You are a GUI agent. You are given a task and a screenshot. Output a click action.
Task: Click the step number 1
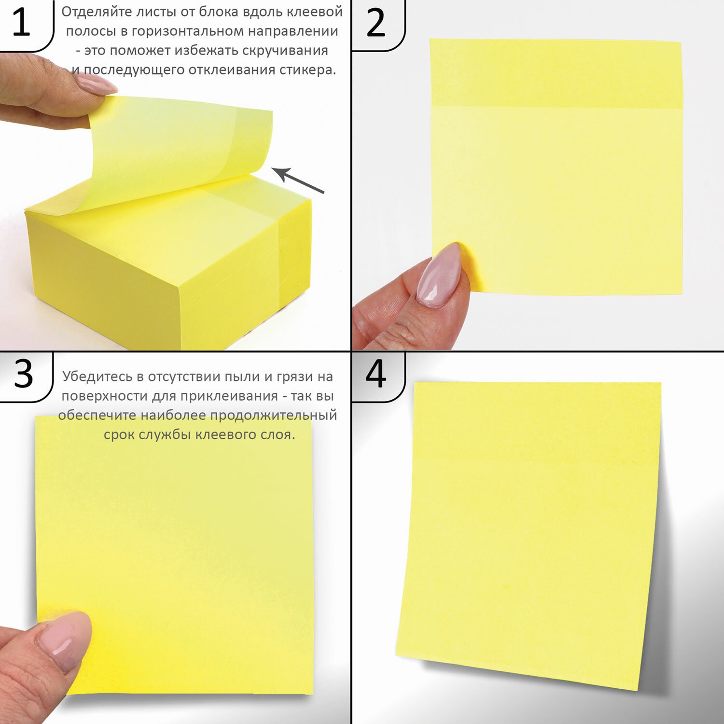pyautogui.click(x=21, y=22)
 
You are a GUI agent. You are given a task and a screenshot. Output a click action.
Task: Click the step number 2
pyautogui.click(x=376, y=23)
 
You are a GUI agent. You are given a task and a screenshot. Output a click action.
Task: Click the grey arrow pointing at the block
pyautogui.click(x=297, y=180)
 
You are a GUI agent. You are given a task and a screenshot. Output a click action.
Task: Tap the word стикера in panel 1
pyautogui.click(x=307, y=70)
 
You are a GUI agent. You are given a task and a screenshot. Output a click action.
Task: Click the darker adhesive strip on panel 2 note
pyautogui.click(x=556, y=73)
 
